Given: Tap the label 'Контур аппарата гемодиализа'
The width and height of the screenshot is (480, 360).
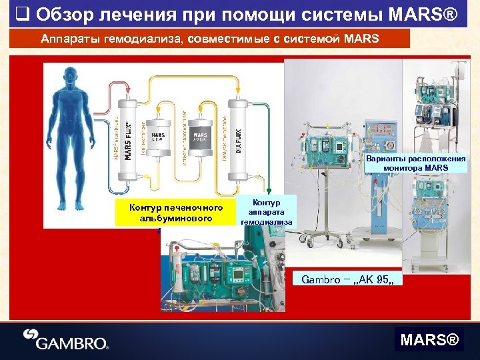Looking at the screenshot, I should [266, 211].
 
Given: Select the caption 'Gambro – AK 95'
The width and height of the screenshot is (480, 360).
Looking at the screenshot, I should [348, 279].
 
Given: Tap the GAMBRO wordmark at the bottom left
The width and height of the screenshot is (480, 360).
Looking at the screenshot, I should [74, 342].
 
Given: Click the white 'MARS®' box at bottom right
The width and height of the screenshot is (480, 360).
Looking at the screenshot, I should [429, 341].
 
